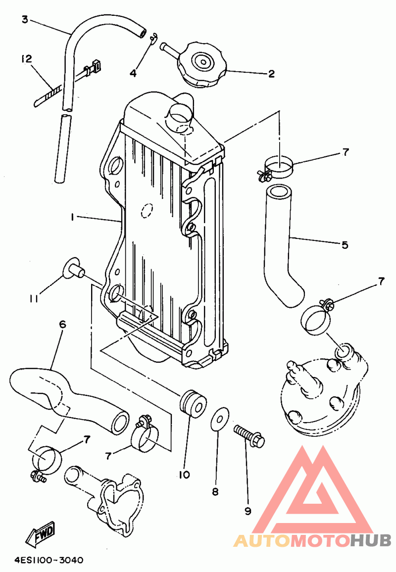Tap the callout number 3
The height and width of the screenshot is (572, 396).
pos(24,19)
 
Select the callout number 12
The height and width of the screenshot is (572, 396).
pos(27,58)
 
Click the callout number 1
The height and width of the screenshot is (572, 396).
pos(73,217)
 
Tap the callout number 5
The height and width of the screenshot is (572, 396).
pos(345,245)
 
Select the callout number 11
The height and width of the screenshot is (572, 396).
pos(34,299)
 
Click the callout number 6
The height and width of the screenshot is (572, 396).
pos(62,324)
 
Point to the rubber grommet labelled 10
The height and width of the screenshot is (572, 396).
pos(193,403)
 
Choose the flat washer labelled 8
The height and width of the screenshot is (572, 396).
pos(220,419)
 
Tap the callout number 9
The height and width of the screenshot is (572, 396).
pos(248,511)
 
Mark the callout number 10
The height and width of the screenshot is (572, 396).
pos(184,475)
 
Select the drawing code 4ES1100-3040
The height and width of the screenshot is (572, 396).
pos(49,560)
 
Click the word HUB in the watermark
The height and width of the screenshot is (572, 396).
pos(370,541)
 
